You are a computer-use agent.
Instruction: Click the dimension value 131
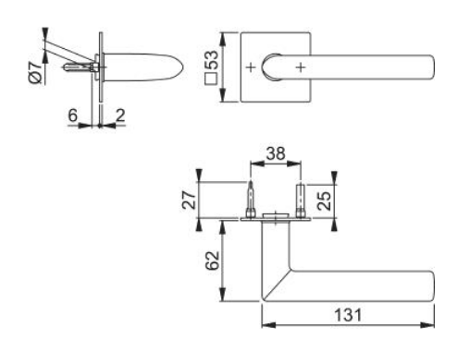(348, 314)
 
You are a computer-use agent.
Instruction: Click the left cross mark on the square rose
(250, 68)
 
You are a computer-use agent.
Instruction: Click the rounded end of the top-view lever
(430, 68)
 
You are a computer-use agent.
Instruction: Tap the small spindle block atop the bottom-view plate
(275, 218)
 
